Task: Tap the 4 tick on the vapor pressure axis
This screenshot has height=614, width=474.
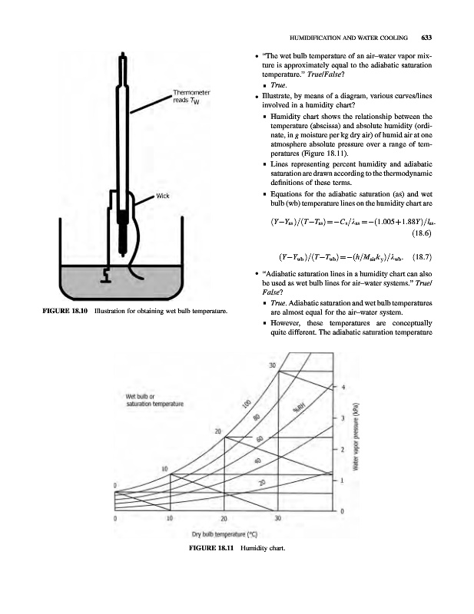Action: click(343, 386)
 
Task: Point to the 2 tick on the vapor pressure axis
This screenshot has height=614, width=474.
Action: click(343, 448)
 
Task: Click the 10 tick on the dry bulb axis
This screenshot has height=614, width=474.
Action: click(169, 519)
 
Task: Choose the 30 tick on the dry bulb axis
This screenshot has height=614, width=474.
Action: click(278, 519)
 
